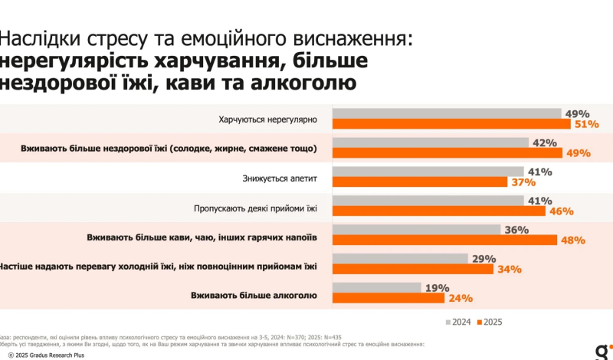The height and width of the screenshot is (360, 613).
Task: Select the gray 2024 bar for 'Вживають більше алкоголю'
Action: click(x=376, y=287)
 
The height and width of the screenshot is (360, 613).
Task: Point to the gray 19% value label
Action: click(x=436, y=287)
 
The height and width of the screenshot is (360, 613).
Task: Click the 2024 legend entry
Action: click(x=458, y=321)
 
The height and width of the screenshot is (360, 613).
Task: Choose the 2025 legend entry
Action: click(x=490, y=321)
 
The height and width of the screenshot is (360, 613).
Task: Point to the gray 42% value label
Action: click(x=544, y=142)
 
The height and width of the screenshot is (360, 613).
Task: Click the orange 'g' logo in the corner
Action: click(x=600, y=351)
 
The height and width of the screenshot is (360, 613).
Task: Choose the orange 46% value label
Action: click(x=562, y=211)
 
